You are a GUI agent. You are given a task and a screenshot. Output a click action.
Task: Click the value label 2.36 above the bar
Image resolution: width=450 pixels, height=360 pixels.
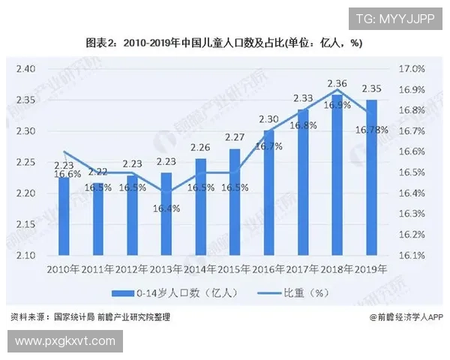tap(337, 83)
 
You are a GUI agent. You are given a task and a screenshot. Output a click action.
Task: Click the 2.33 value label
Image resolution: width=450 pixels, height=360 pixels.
tap(303, 98)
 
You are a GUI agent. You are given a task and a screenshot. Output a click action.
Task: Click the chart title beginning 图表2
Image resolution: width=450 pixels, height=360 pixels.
tap(225, 43)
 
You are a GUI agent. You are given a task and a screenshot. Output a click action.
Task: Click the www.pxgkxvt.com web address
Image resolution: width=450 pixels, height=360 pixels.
tap(65, 341)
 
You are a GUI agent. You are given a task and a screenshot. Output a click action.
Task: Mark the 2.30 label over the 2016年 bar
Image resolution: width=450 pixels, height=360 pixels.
tap(268, 118)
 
